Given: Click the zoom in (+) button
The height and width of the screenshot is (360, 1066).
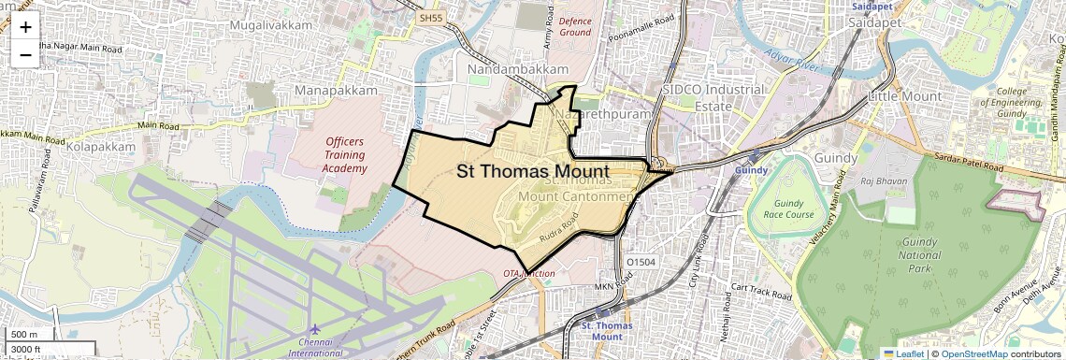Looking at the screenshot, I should coord(25,28).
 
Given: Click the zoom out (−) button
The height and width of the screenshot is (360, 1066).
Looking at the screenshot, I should coord(25,55).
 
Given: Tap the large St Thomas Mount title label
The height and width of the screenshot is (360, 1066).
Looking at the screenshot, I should coord(533,171).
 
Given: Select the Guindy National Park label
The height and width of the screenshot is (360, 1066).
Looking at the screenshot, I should coord(920,248).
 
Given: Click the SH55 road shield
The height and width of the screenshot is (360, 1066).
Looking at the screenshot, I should coord(430,18).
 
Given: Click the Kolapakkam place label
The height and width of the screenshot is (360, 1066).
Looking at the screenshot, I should coord(100,148).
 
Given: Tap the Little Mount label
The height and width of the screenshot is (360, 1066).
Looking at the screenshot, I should coord(904,96).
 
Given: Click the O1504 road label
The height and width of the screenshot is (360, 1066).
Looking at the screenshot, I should coord(641,263).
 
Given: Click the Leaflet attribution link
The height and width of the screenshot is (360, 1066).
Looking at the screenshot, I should coord(902,353).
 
